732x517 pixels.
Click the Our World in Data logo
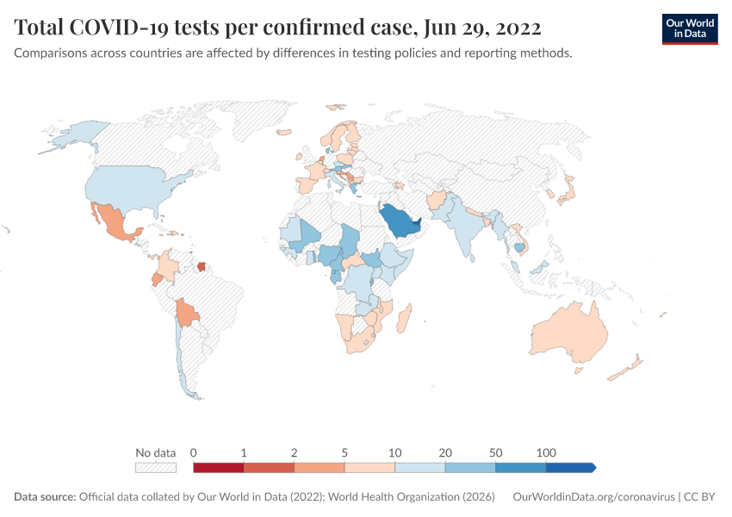click(689, 28)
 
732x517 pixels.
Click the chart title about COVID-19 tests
click(277, 28)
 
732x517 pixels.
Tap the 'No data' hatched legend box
click(155, 468)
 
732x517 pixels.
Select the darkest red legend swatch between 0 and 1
click(219, 468)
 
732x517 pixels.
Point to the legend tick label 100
click(546, 452)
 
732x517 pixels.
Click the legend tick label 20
click(445, 452)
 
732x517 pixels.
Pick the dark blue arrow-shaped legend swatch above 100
click(570, 468)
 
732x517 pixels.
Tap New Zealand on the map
click(627, 368)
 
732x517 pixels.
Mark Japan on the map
click(568, 191)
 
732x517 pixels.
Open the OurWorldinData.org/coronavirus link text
click(593, 497)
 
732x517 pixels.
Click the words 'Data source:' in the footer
click(45, 497)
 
